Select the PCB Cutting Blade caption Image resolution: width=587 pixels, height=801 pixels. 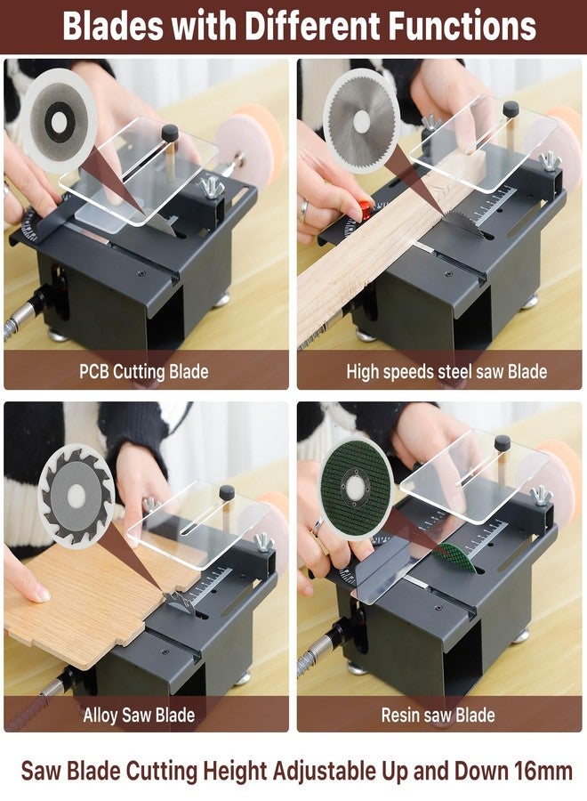143,371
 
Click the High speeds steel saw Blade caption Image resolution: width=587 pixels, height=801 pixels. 446,371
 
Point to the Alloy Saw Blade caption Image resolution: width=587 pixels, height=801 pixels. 139,715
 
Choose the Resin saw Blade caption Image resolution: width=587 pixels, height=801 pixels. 438,715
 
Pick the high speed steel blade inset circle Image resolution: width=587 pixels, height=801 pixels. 362,121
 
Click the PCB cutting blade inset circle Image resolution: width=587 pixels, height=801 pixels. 60,121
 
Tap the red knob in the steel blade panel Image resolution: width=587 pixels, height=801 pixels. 365,209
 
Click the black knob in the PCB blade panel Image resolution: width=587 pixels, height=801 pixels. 170,133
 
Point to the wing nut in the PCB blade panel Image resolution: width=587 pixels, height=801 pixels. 213,187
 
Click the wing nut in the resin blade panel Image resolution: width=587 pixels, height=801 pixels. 541,495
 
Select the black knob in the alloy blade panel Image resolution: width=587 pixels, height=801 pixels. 227,493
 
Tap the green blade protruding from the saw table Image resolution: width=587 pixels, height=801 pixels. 454,557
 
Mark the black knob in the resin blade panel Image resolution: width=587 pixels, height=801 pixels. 503,443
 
